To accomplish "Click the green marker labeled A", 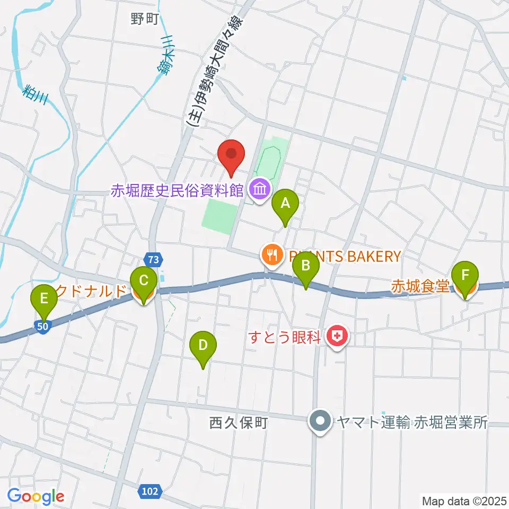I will (285, 204).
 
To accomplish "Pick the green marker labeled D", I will (203, 346).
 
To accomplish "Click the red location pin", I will (232, 154).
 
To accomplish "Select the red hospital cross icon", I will (336, 336).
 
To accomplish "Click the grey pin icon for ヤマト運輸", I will (320, 423).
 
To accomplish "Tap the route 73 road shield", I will (153, 260).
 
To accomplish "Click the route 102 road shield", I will (150, 492).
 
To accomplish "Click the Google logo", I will (36, 496).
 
